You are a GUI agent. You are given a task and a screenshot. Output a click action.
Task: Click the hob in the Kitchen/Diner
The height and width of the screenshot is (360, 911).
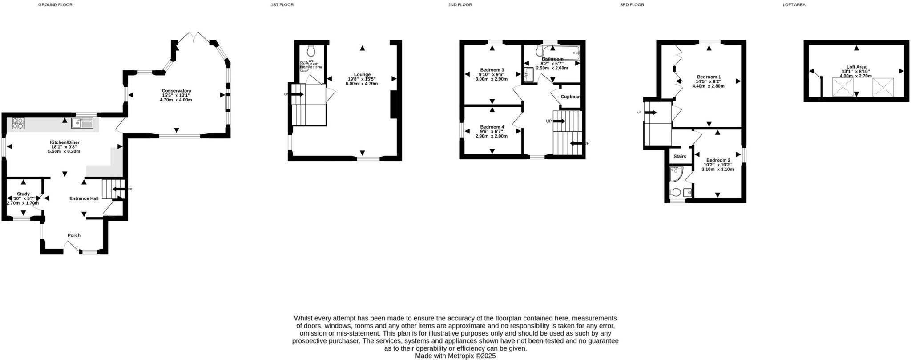click(18, 123)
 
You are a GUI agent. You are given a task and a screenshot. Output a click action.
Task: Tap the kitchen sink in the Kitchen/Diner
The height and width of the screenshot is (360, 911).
click(82, 123)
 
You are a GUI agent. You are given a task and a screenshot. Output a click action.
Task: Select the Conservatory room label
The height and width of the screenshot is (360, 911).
click(176, 91)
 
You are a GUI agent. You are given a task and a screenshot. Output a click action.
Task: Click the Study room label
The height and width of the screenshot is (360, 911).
click(23, 194)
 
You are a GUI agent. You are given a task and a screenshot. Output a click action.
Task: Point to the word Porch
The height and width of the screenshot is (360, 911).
click(74, 235)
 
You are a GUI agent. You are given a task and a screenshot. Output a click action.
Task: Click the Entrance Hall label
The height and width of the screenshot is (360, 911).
click(84, 198)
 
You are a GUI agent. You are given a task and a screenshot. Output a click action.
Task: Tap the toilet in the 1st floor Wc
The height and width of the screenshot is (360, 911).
click(311, 51)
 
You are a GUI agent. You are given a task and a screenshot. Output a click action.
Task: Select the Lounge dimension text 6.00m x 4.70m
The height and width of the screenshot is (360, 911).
click(362, 84)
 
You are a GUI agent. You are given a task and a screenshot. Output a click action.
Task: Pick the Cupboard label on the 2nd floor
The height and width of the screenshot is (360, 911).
click(571, 97)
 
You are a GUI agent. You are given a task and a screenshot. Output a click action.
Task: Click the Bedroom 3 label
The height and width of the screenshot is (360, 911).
click(492, 70)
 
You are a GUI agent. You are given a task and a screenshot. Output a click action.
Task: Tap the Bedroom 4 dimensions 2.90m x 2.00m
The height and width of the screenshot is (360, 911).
click(492, 136)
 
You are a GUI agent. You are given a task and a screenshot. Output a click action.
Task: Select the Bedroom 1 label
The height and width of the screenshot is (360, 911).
click(709, 77)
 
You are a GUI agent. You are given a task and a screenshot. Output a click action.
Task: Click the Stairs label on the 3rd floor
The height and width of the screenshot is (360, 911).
click(680, 157)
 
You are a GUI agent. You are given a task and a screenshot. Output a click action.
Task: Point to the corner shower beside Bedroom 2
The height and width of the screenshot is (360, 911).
click(675, 174)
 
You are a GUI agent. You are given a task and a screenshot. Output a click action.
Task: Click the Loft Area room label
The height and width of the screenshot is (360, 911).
click(856, 67)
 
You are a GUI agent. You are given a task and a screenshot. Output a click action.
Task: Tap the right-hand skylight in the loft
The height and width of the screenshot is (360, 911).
click(883, 87)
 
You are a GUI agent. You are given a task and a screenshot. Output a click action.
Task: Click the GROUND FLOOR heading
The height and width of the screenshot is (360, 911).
click(55, 5)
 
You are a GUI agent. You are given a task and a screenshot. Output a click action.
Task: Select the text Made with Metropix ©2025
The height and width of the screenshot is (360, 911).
click(455, 356)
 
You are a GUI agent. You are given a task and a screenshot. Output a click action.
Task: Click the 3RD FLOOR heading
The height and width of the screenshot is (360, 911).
click(632, 5)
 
